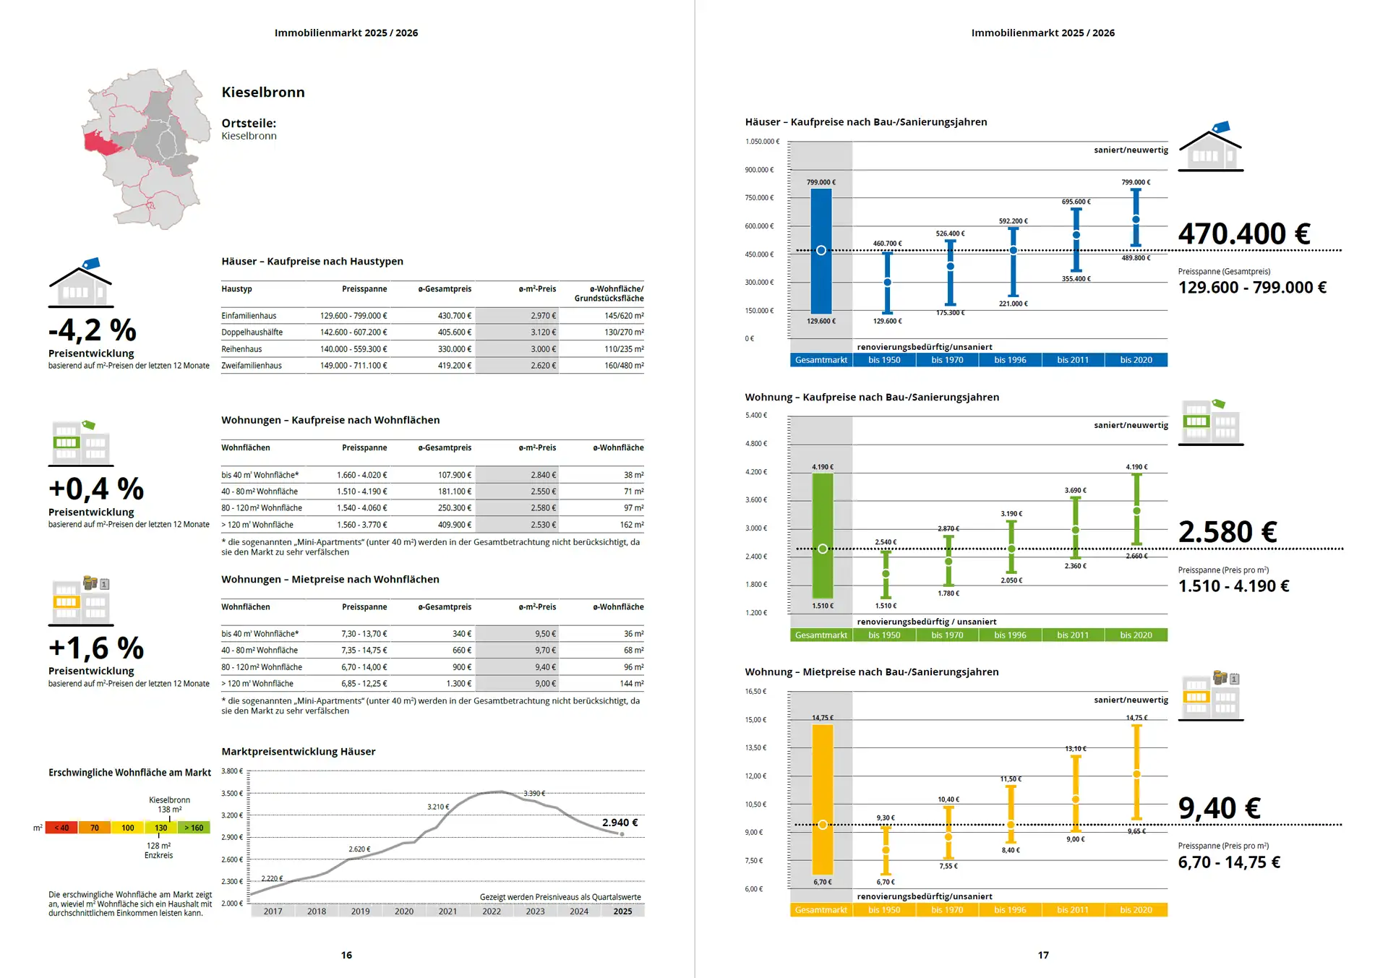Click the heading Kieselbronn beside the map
click(263, 93)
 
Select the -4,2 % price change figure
click(93, 330)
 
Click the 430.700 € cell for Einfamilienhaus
click(454, 316)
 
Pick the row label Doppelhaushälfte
click(252, 333)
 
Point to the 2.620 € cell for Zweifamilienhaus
click(543, 366)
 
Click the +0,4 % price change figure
click(96, 489)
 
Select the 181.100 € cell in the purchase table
click(454, 492)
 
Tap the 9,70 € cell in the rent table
click(545, 651)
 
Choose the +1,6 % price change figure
click(96, 648)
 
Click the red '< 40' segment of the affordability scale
click(61, 828)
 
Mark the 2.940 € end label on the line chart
click(620, 823)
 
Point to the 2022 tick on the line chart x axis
click(492, 911)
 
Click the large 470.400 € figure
click(1243, 234)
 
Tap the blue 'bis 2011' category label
click(1073, 360)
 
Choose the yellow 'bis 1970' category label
click(947, 910)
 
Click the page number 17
click(1043, 955)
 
